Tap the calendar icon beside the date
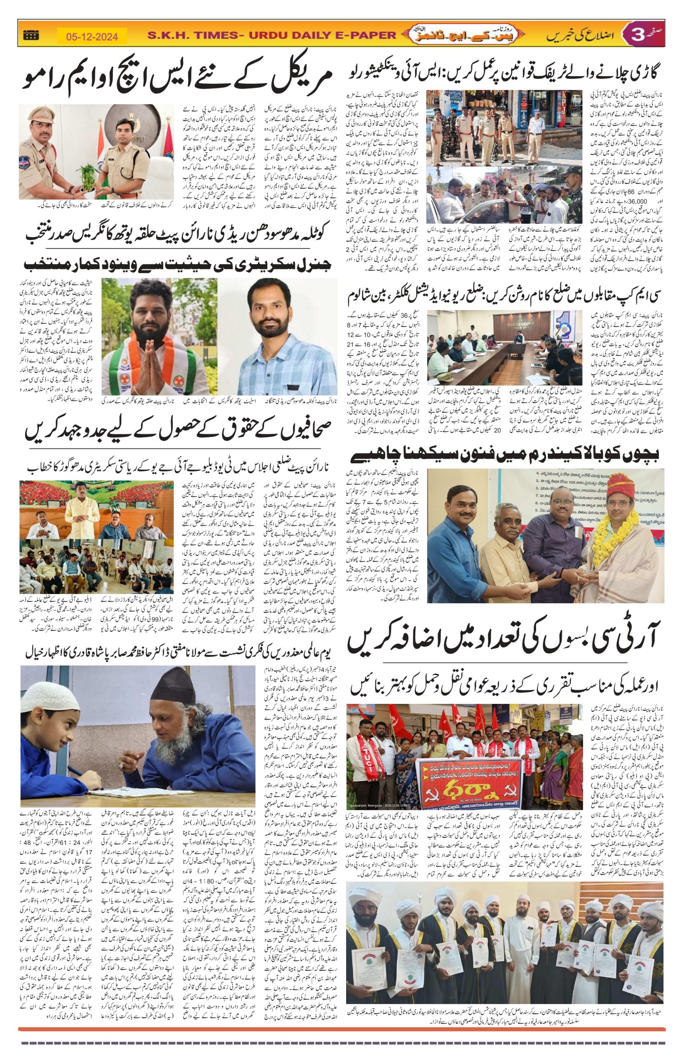pos(30,35)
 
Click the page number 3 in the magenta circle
pos(637,35)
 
